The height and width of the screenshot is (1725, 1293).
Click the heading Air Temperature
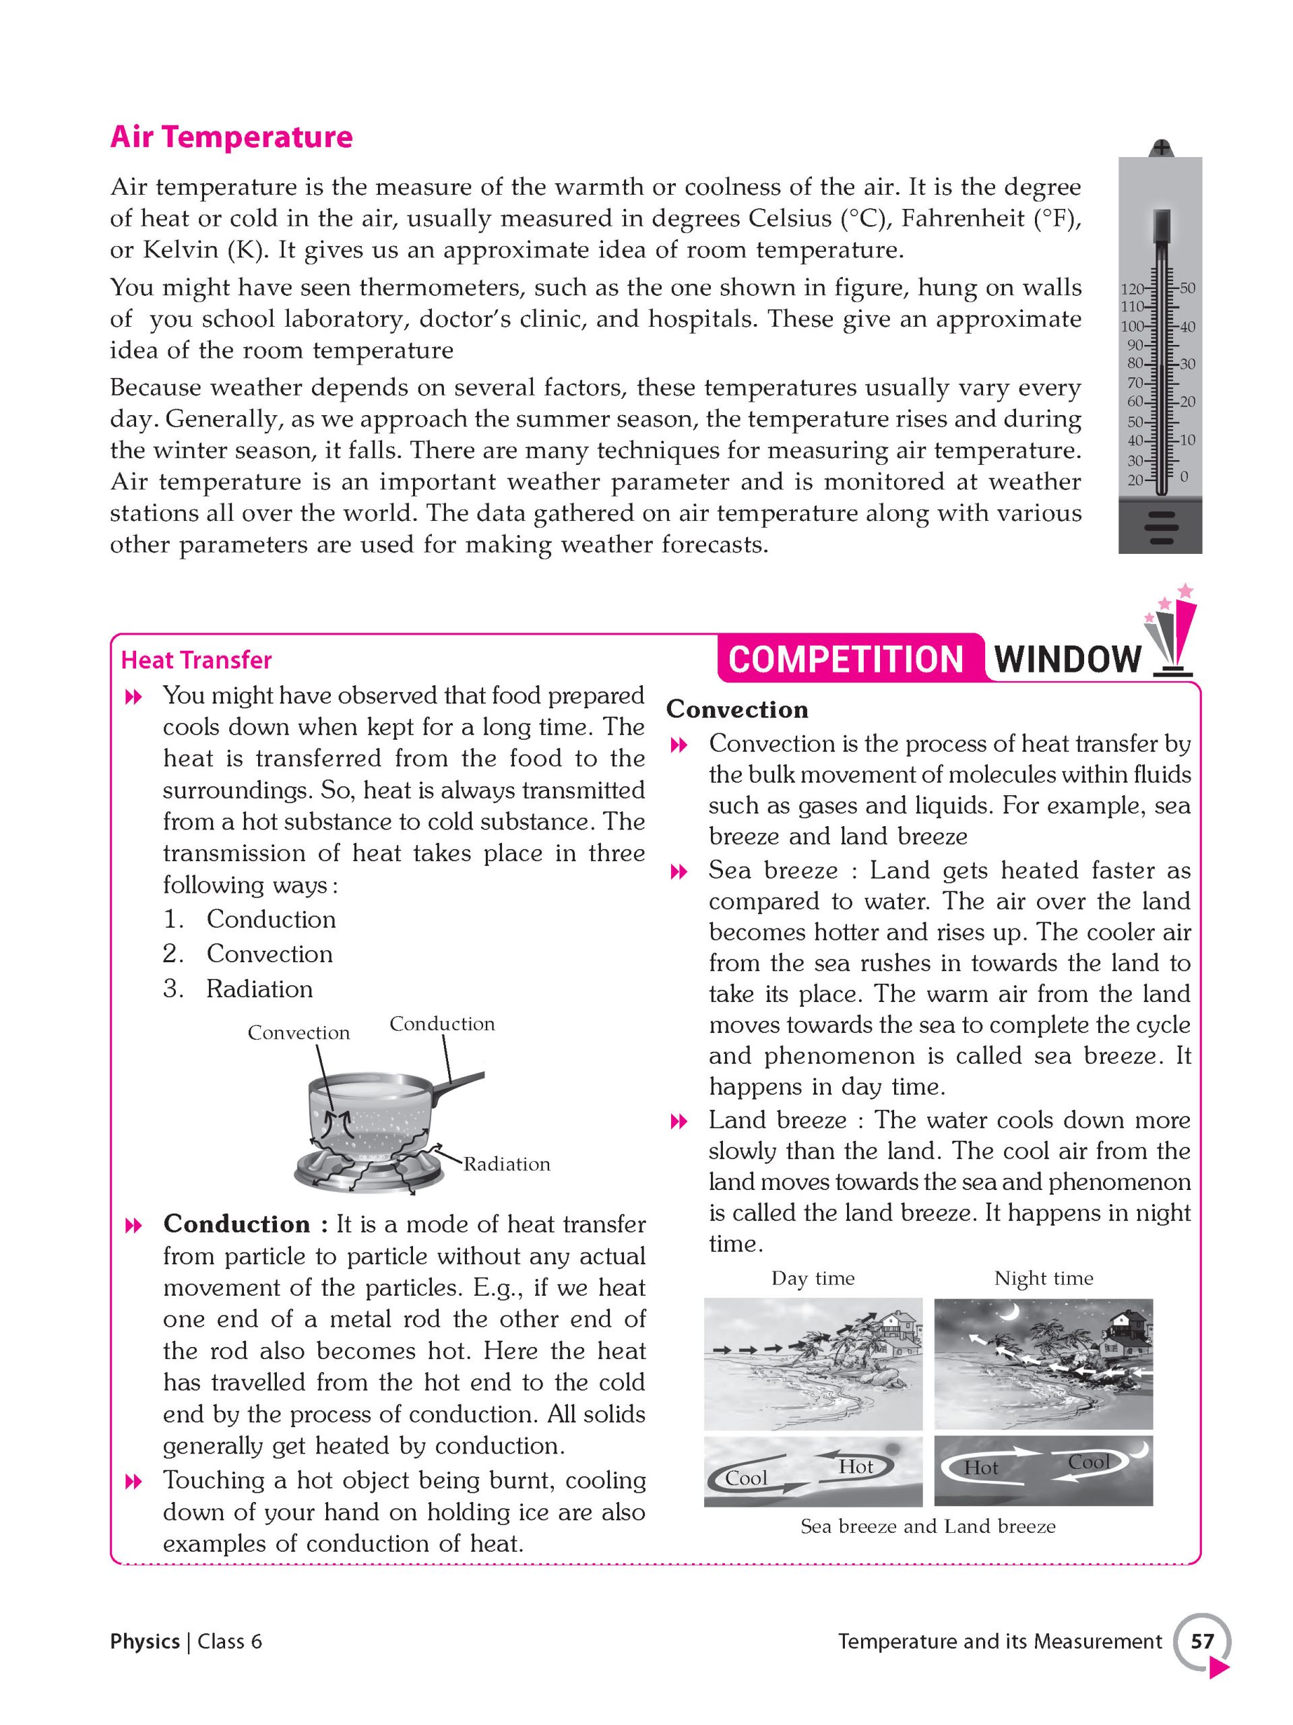[231, 137]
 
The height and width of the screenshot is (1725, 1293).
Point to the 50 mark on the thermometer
[1187, 288]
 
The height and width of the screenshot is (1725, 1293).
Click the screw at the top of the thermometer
[1161, 148]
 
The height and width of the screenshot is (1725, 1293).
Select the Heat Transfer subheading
[197, 660]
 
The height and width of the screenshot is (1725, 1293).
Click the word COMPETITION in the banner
[846, 659]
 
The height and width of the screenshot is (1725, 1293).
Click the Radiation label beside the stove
[507, 1164]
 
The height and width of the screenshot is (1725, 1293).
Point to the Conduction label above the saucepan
[441, 1024]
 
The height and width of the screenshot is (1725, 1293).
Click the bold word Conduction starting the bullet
[236, 1224]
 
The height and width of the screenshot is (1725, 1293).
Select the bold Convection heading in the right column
[737, 710]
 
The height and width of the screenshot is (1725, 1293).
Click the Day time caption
[813, 1278]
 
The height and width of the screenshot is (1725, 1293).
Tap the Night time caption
[1044, 1278]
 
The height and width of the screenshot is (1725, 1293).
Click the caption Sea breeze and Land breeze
[927, 1526]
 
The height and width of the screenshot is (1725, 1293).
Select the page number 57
[1202, 1641]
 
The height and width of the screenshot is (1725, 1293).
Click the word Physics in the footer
[145, 1641]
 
